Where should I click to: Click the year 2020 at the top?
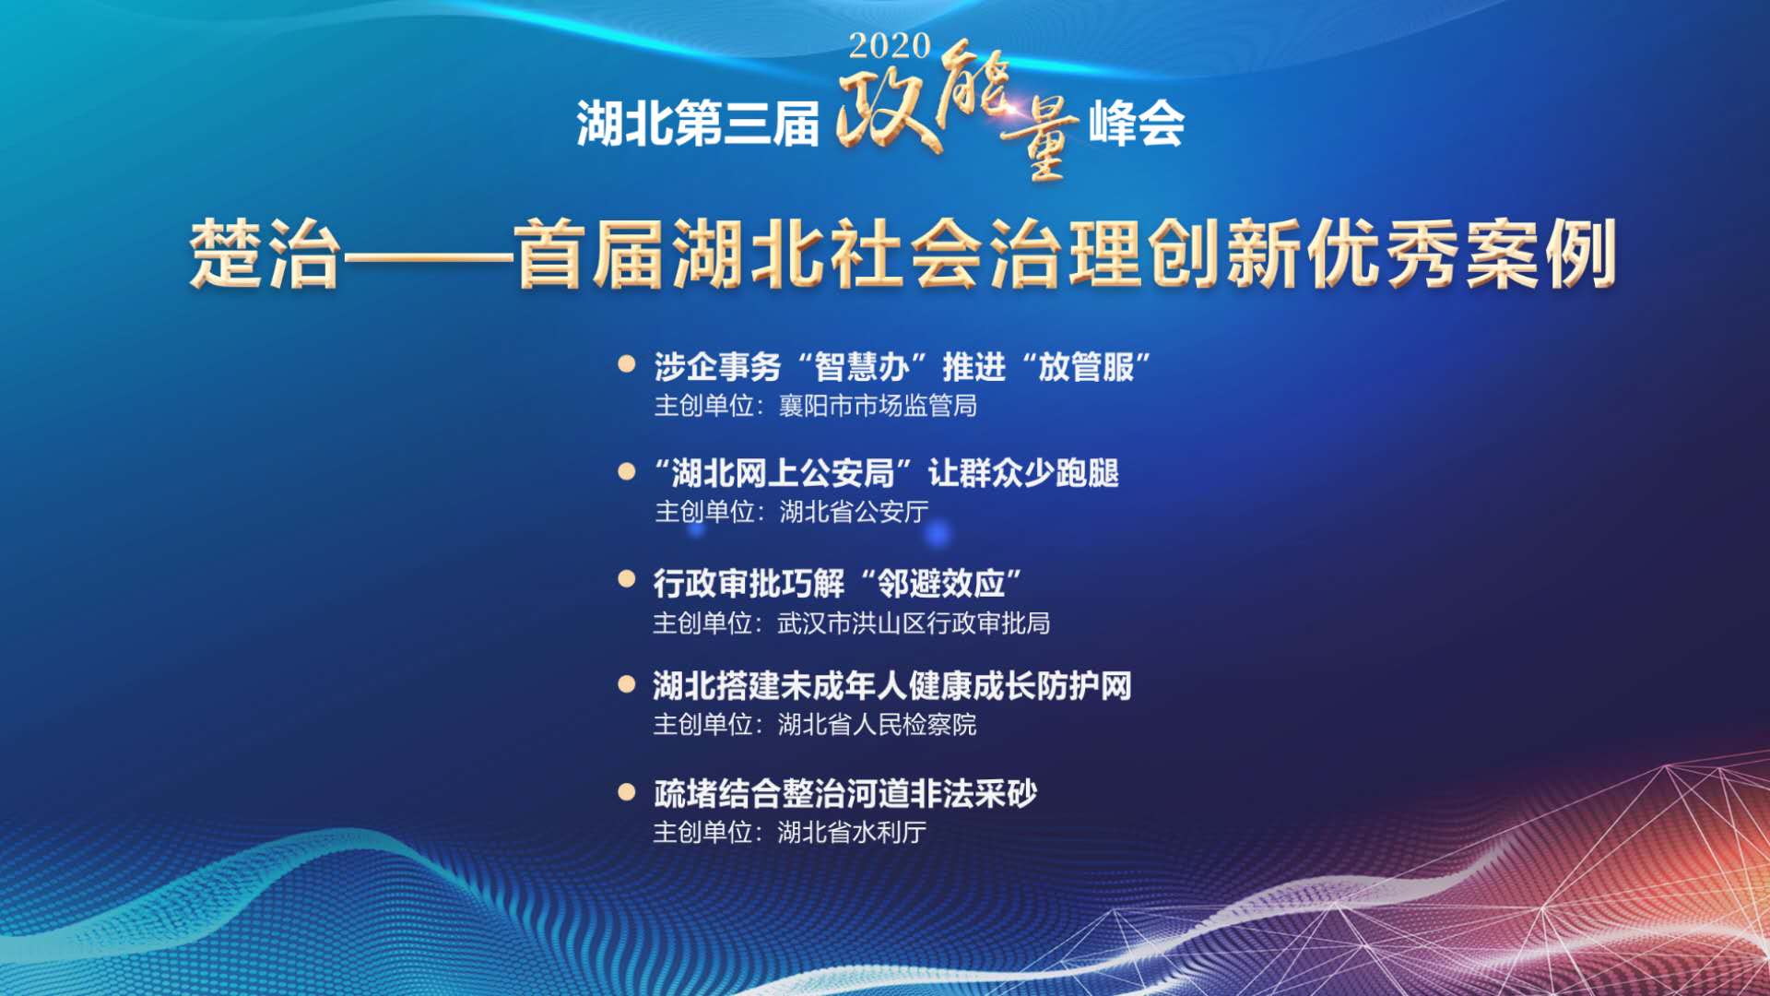[890, 45]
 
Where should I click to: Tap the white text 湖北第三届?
[698, 124]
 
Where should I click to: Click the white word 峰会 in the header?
[1137, 124]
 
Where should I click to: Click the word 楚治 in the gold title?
[265, 255]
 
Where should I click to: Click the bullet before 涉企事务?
[627, 363]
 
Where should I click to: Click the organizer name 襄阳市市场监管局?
[878, 406]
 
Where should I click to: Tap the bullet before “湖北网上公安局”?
[627, 471]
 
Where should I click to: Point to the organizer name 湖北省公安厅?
[854, 511]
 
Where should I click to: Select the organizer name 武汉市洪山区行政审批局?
[914, 623]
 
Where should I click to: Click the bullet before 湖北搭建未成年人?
[627, 684]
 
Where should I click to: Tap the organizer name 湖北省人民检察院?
[877, 725]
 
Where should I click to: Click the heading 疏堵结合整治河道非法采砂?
[845, 793]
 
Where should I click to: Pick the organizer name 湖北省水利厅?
[852, 832]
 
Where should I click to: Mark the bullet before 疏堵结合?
[627, 791]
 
